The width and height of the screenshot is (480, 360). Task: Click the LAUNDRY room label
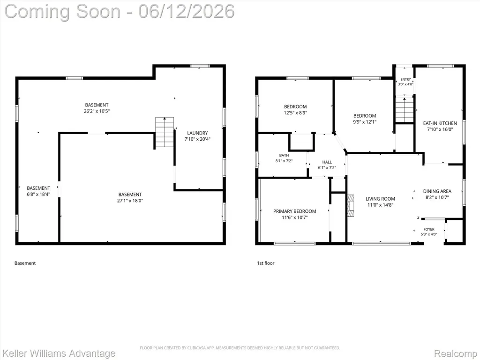pos(197,133)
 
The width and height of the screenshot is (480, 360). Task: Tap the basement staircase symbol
pos(165,132)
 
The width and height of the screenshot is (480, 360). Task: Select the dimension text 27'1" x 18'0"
pos(130,201)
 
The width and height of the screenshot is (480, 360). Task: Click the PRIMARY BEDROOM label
pos(294,211)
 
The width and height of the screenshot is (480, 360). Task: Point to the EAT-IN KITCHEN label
pos(440,123)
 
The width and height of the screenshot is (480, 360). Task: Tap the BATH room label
pos(284,156)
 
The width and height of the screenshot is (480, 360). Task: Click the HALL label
pos(327,162)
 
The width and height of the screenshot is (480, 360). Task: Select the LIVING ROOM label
pos(380,199)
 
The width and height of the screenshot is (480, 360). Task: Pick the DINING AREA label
pos(437,191)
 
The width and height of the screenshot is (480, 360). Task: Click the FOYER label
pos(429,229)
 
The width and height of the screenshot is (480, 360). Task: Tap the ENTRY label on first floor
pos(405,79)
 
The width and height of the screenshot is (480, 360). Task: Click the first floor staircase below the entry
pos(405,109)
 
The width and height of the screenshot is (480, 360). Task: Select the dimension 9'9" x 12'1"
pos(365,122)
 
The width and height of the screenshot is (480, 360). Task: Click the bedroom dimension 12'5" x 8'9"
pos(295,112)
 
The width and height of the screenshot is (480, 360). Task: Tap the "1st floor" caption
pos(265,263)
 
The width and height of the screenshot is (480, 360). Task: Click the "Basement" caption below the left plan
pos(25,263)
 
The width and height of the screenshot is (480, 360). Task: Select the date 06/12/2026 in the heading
pos(187,11)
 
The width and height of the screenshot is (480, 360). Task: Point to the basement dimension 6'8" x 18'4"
pos(38,195)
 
